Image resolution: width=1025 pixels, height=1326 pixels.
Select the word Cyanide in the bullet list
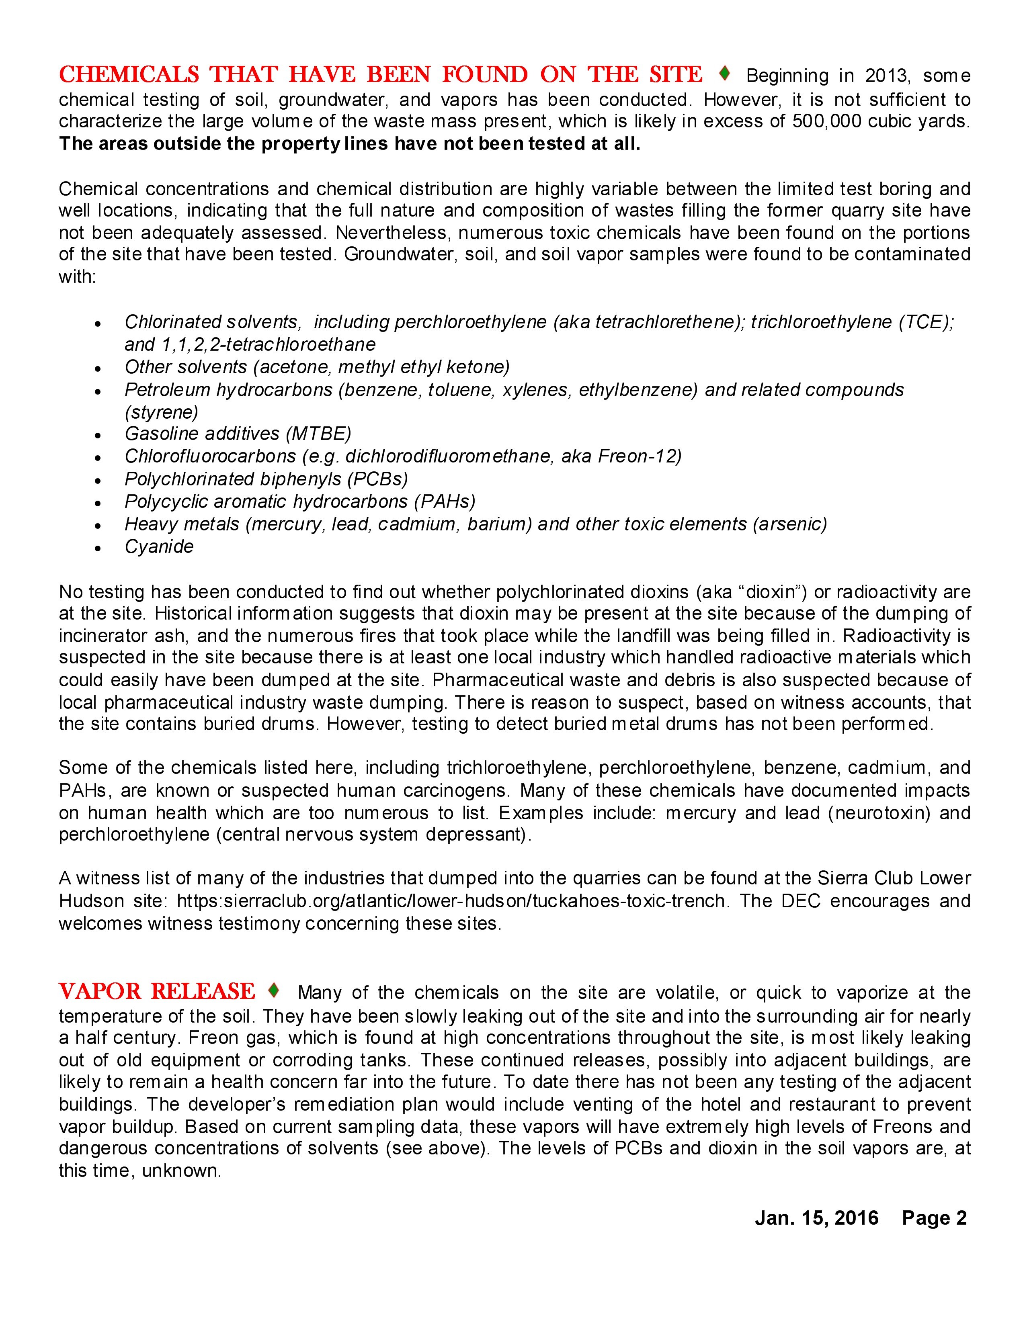click(x=159, y=546)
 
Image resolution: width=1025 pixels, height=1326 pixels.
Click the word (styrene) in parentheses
click(x=162, y=412)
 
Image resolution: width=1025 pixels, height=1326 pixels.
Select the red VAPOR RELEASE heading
click(x=157, y=991)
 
